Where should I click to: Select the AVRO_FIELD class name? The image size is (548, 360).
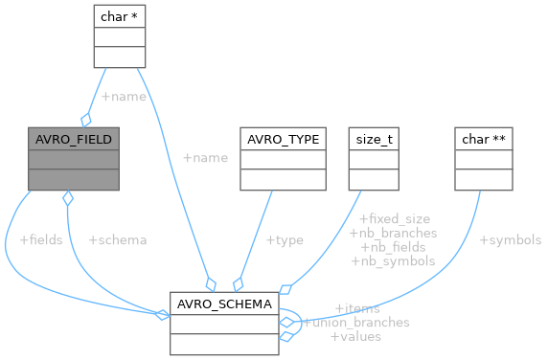[x=74, y=139]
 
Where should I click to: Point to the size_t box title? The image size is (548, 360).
[x=373, y=139]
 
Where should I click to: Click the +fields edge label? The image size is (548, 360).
[x=41, y=239]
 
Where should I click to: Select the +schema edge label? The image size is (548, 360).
[x=117, y=239]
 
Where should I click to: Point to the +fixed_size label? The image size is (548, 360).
[x=394, y=219]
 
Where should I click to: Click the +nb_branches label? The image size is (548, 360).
[x=394, y=233]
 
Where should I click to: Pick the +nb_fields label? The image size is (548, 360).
[x=394, y=246]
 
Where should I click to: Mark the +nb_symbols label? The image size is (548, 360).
[x=394, y=259]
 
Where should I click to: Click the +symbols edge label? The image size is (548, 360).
[x=510, y=239]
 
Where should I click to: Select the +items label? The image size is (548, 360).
[x=357, y=308]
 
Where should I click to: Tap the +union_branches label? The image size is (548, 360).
[x=357, y=322]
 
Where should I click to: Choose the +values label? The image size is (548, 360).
[x=357, y=335]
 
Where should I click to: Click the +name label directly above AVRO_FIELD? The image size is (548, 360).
[x=124, y=98]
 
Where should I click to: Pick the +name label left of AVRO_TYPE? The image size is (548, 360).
[x=205, y=157]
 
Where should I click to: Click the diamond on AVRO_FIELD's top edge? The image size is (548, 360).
[x=85, y=120]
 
